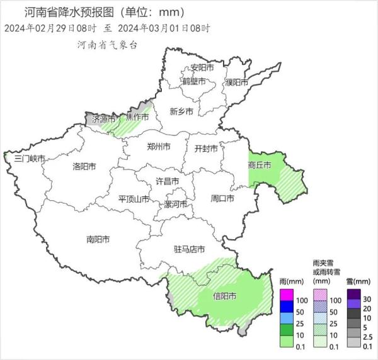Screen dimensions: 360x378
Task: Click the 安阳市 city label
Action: [202, 68]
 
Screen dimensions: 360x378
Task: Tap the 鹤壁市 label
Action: [194, 82]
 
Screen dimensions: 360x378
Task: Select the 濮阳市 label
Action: [236, 82]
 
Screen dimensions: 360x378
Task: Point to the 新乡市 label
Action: [181, 111]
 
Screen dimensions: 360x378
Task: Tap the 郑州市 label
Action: [158, 147]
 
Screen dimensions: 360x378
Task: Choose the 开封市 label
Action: [205, 149]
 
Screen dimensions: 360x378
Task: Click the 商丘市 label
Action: [260, 165]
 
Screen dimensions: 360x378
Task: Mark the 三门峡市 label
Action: [30, 159]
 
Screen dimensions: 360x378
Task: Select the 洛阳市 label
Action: [84, 167]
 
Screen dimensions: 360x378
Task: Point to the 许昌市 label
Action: [168, 182]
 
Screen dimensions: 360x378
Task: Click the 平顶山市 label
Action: [134, 200]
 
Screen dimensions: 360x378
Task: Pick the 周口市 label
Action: [222, 198]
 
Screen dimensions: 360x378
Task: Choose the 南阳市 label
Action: [98, 239]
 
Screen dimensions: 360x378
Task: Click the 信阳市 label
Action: [225, 296]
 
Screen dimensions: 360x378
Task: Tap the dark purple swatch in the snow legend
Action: [354, 294]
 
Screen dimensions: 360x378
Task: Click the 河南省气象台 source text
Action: [107, 45]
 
